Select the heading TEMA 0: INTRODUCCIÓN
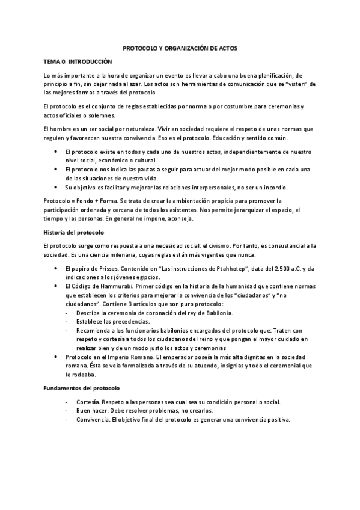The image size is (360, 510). click(x=78, y=61)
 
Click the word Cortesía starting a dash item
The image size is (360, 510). click(x=88, y=401)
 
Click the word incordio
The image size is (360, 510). click(x=274, y=187)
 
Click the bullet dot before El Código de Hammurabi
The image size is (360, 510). click(x=55, y=287)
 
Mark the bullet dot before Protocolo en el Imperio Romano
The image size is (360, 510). click(x=55, y=357)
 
